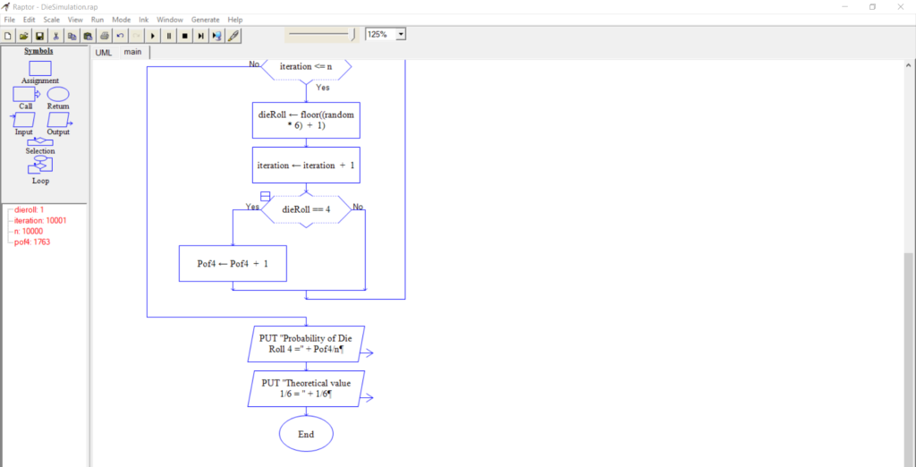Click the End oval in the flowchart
pyautogui.click(x=306, y=434)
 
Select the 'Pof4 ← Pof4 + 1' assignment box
pyautogui.click(x=233, y=264)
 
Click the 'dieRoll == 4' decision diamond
pyautogui.click(x=306, y=209)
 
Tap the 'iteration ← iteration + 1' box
pyautogui.click(x=306, y=165)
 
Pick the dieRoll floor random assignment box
pyautogui.click(x=306, y=120)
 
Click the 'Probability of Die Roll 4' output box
pyautogui.click(x=306, y=344)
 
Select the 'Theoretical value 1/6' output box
pyautogui.click(x=306, y=388)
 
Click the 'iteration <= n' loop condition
pyautogui.click(x=306, y=67)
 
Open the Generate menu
pyautogui.click(x=205, y=20)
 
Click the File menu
pyautogui.click(x=9, y=20)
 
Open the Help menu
pyautogui.click(x=235, y=20)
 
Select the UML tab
pyautogui.click(x=104, y=53)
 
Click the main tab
pyautogui.click(x=132, y=53)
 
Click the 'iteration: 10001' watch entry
pyautogui.click(x=40, y=220)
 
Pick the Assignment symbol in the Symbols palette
pyautogui.click(x=40, y=68)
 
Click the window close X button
pyautogui.click(x=899, y=6)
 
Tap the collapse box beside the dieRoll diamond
pyautogui.click(x=265, y=195)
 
